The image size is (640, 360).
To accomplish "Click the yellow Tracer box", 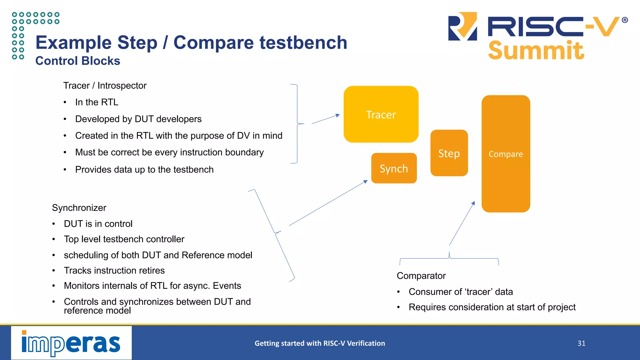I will coord(381,114).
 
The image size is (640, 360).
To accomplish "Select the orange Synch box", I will coord(394,168).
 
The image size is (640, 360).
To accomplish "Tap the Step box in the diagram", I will coord(449,153).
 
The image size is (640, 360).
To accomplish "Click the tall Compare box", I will coord(506,154).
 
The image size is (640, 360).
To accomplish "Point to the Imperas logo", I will coord(71,343).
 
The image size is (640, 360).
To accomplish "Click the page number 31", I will coord(581,343).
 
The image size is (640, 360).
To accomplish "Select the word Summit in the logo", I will coord(536,51).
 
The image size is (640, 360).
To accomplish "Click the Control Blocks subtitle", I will coord(78,61).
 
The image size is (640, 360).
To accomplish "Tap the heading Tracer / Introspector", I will coord(105,86).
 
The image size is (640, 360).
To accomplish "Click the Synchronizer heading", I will coord(79,208).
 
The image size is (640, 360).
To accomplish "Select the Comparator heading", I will coord(421,276).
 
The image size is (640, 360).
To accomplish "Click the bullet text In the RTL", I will coord(97,102).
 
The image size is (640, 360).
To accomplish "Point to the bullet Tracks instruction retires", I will coord(114,270).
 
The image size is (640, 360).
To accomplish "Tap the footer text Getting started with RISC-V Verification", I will coord(320,343).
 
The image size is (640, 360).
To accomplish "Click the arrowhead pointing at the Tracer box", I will coord(338,115).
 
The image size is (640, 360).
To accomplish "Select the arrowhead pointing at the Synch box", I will coord(366,182).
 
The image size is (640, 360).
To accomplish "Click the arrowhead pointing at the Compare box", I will coord(473,203).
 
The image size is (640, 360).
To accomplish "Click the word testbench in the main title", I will coord(303,42).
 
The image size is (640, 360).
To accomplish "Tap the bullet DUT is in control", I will coord(98,224).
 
